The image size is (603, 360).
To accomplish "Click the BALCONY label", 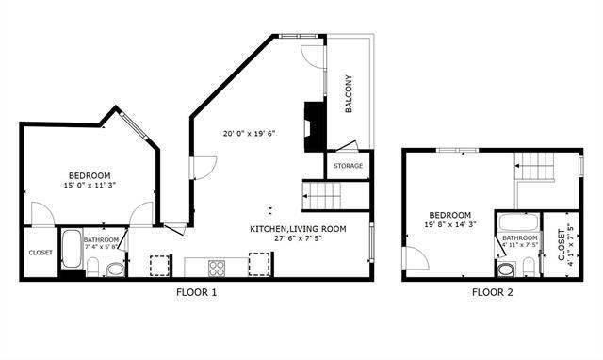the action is (x=349, y=94).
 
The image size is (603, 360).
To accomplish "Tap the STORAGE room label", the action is (x=348, y=166).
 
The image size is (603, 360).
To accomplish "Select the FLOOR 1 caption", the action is (x=197, y=292).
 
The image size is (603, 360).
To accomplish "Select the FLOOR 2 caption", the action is (x=493, y=292).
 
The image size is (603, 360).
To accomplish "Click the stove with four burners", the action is (x=217, y=268).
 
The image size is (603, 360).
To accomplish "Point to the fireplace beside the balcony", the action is (x=315, y=126).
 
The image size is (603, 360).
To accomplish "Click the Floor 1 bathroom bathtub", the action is (x=72, y=249).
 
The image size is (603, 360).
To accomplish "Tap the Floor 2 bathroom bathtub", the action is (x=518, y=222).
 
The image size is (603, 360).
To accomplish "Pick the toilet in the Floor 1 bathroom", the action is (x=93, y=267).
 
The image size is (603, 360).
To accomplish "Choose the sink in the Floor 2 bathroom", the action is (x=507, y=270).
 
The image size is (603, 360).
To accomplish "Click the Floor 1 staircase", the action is (x=322, y=196).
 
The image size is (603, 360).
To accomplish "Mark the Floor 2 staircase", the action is (x=534, y=166).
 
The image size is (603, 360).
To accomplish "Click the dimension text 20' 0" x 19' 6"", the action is (x=250, y=134).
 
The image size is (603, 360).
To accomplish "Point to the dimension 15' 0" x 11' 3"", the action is (x=90, y=185).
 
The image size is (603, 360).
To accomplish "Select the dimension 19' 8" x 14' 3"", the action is (x=450, y=224).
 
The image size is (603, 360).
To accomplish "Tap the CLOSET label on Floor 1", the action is (x=41, y=253).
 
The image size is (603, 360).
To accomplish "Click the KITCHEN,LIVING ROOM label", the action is (x=298, y=229).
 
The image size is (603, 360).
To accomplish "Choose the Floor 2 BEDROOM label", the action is (x=450, y=215).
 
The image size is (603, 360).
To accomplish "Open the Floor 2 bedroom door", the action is (x=416, y=258).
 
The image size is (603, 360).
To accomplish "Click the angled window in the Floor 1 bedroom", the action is (x=134, y=125).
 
